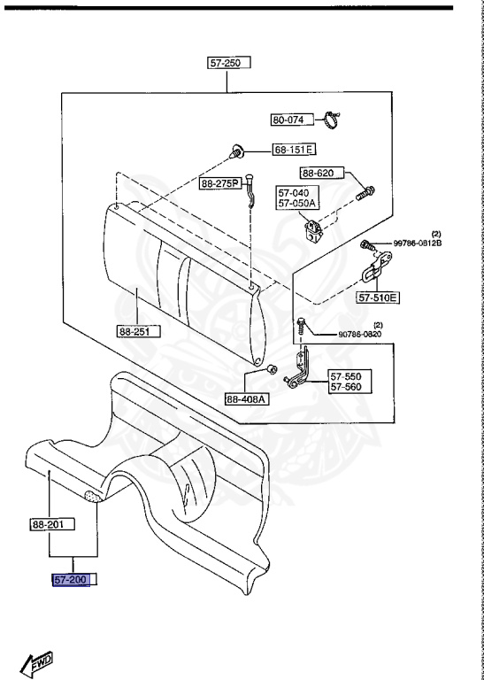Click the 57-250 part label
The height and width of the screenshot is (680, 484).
(229, 63)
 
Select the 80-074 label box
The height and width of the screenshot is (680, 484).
(293, 120)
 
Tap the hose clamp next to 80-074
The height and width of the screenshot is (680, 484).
(333, 120)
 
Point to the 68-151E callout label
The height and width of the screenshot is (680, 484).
(294, 150)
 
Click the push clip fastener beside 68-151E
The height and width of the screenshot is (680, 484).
(236, 151)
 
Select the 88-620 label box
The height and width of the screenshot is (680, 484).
(322, 174)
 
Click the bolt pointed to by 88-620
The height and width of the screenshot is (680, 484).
(365, 192)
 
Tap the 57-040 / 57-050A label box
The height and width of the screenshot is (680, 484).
(297, 197)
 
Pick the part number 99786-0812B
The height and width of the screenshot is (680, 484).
(418, 243)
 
